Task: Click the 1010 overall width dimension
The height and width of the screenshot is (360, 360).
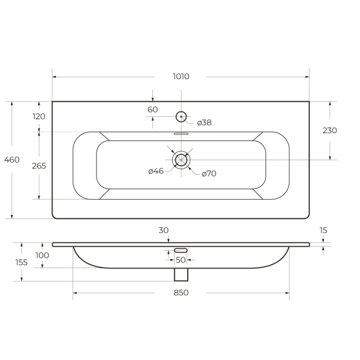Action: click(x=181, y=76)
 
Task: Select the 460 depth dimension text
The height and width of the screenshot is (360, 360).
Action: click(x=12, y=160)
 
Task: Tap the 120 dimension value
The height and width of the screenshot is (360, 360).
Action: click(x=39, y=116)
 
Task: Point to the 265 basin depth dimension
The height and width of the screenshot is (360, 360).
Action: click(x=39, y=166)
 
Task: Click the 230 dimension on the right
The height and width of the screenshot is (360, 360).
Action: click(x=329, y=130)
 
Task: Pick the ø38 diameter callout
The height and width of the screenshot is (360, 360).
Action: click(x=205, y=122)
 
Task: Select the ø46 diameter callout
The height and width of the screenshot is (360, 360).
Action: click(x=156, y=171)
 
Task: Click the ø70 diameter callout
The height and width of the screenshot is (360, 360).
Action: click(x=209, y=173)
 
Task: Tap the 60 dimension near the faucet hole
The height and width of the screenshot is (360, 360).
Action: click(x=152, y=110)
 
